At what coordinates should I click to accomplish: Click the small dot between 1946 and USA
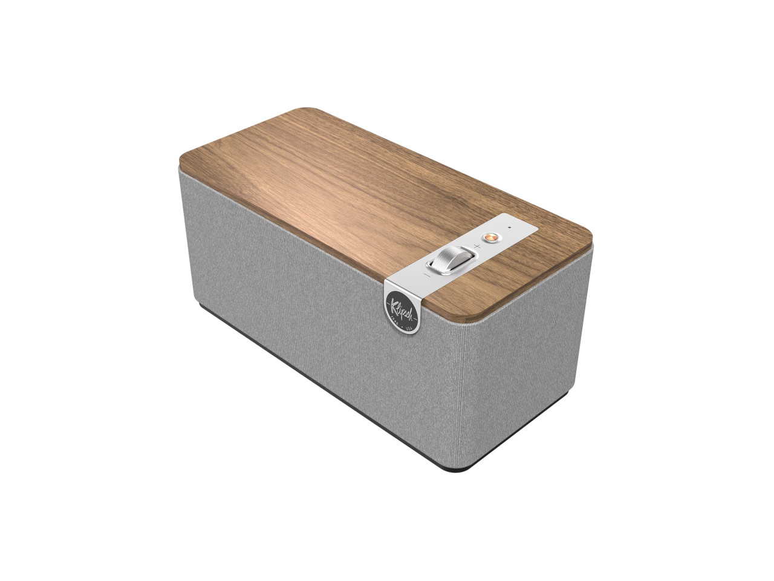click(x=402, y=323)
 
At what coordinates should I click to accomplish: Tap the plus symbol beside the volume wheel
click(x=477, y=247)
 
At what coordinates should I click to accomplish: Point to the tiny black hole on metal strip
click(x=509, y=228)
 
